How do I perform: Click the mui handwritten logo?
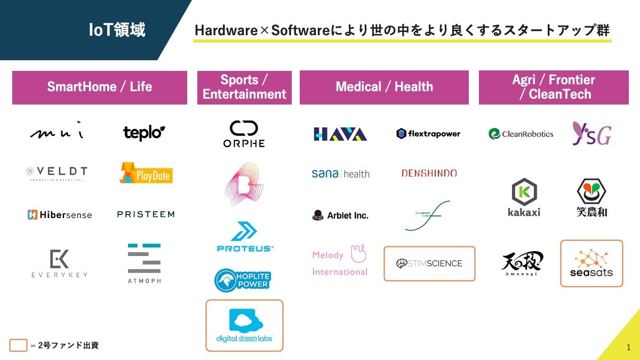click(x=57, y=132)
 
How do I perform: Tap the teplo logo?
click(x=144, y=133)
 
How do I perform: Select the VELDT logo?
click(x=56, y=173)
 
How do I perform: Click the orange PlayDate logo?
click(x=146, y=173)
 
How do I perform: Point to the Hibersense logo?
click(x=59, y=215)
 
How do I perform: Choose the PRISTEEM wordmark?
click(x=146, y=214)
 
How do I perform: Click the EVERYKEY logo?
click(x=59, y=263)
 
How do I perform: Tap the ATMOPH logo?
click(x=144, y=263)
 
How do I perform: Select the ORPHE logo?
click(x=244, y=134)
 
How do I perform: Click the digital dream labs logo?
click(x=244, y=326)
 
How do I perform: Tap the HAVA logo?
click(x=340, y=134)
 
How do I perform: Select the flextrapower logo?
click(x=428, y=134)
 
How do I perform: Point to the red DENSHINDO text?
click(x=429, y=173)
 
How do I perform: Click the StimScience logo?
click(x=429, y=263)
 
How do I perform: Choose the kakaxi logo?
click(x=524, y=198)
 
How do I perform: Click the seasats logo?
click(x=591, y=263)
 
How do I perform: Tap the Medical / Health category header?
click(x=384, y=87)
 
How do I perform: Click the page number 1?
click(x=628, y=348)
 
